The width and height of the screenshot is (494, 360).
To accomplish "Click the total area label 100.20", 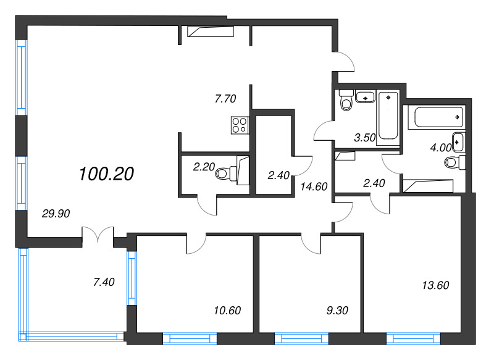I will [x=106, y=175].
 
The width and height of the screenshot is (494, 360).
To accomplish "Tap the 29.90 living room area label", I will [x=56, y=214].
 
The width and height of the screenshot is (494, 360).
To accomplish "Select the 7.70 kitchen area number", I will [x=225, y=98].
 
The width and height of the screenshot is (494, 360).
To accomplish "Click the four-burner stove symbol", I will [x=240, y=125].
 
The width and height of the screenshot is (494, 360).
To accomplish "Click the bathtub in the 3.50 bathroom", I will [x=388, y=115].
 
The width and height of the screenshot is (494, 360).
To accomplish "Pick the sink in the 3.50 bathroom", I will [x=366, y=97].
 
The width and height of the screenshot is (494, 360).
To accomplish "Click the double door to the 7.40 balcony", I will [x=98, y=236].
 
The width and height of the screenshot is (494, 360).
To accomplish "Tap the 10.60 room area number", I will [x=225, y=310].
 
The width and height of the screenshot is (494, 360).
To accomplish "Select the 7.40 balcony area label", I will [x=104, y=283].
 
